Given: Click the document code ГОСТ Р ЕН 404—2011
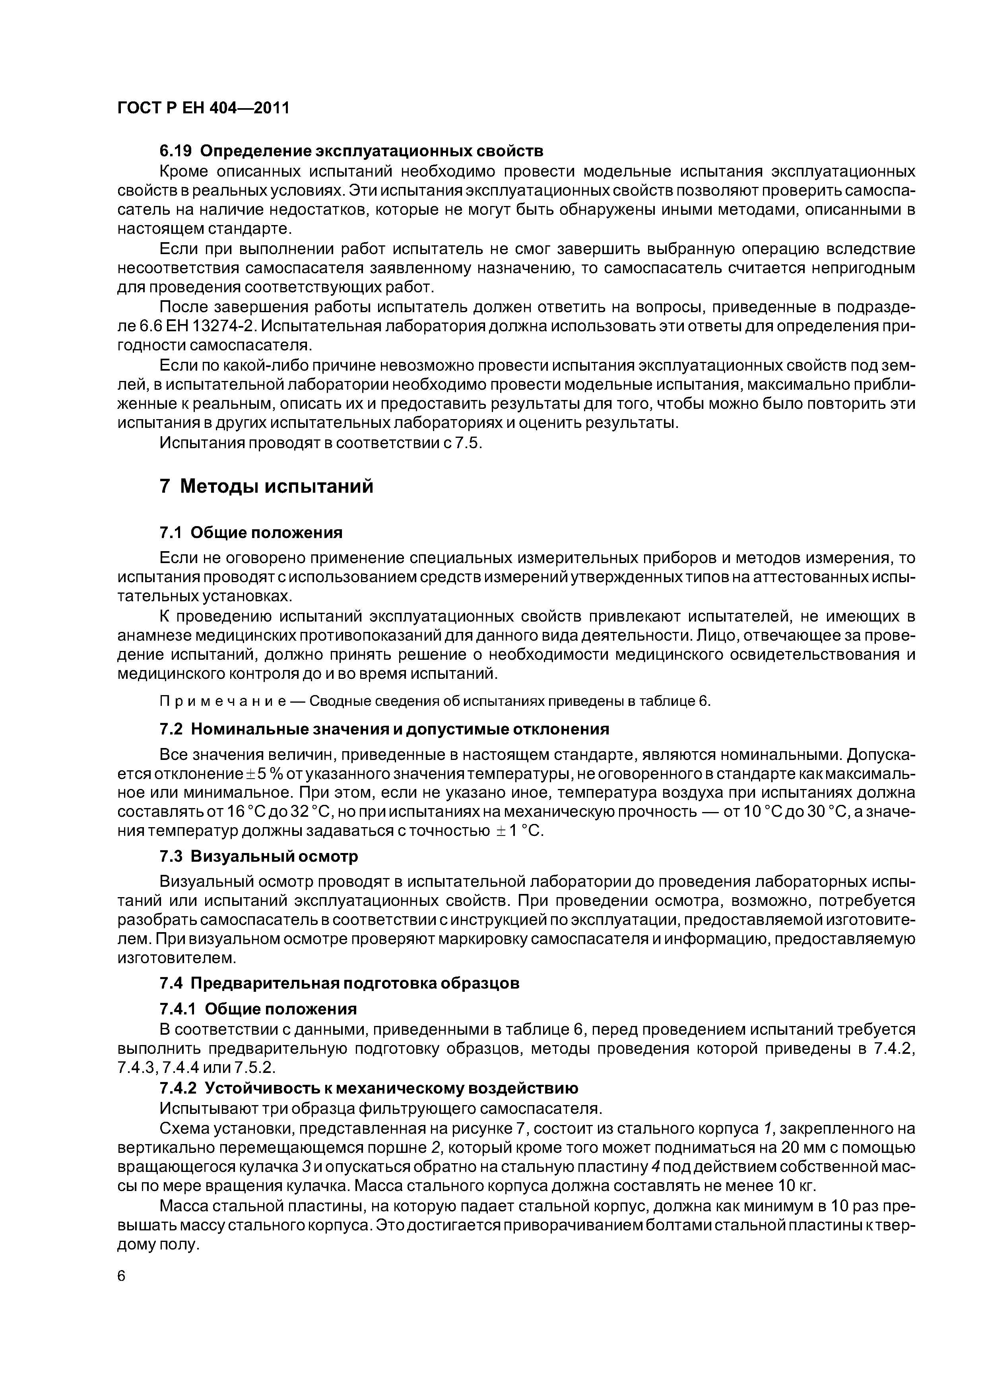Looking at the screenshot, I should coord(203,108).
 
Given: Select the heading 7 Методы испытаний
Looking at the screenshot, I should coord(266,486).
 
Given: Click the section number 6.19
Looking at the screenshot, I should coord(176,150).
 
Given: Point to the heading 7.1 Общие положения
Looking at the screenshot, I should coord(251,533).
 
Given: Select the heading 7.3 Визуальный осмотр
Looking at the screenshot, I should coord(258,856).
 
